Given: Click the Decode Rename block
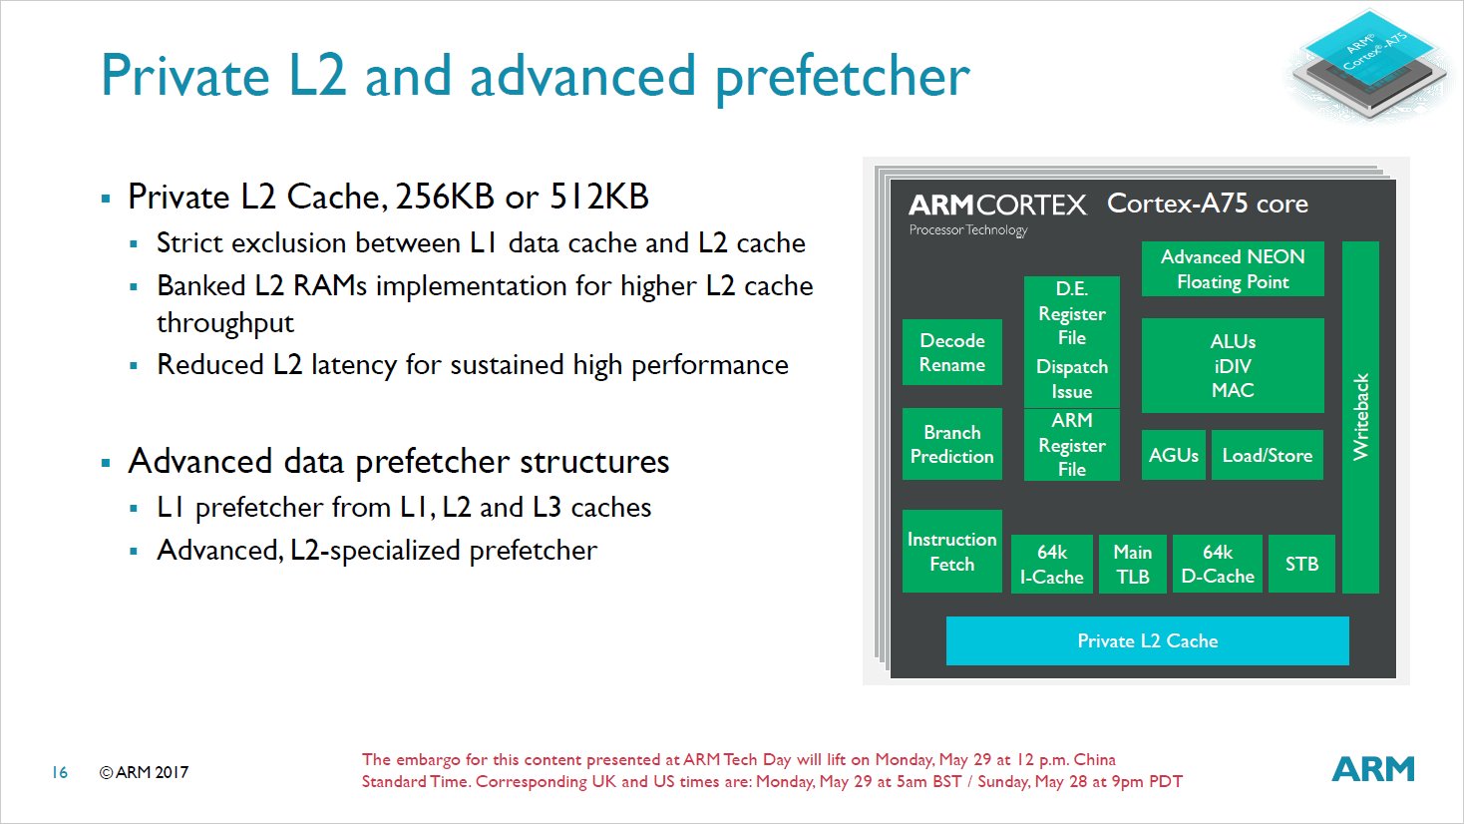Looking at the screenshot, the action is click(x=951, y=352).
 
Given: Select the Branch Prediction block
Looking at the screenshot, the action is click(x=951, y=444).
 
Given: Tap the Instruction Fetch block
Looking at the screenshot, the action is click(x=951, y=552).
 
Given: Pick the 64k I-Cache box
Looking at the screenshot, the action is click(x=1051, y=564).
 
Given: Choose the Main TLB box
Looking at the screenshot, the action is click(x=1133, y=564).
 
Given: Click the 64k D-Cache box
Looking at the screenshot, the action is click(x=1218, y=564).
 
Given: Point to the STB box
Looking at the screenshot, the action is click(x=1301, y=564).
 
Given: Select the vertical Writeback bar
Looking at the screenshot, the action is click(x=1360, y=417).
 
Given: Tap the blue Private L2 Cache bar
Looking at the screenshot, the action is click(x=1148, y=640).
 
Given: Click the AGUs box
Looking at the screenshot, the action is click(x=1173, y=455).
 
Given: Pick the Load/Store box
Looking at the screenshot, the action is click(x=1268, y=455).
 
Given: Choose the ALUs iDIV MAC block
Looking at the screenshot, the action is click(x=1233, y=365).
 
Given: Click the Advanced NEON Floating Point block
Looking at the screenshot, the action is click(x=1233, y=268).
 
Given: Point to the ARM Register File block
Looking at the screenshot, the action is click(x=1072, y=445).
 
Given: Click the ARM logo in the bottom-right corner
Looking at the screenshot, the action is click(x=1373, y=769).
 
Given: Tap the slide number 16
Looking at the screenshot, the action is click(x=60, y=772).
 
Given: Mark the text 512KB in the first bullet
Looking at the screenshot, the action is click(x=599, y=197).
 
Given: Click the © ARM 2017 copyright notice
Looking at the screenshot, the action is click(x=144, y=772).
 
